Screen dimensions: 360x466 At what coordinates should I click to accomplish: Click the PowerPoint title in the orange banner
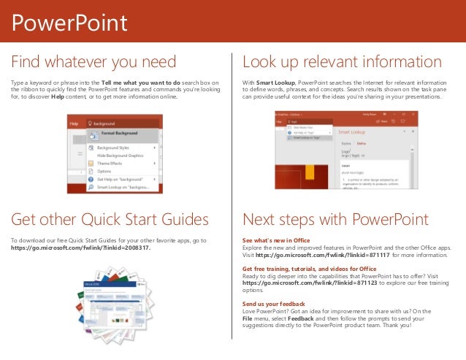coord(70,23)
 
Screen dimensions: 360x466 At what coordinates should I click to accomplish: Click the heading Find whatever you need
coord(93,60)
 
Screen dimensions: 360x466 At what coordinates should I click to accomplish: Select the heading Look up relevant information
coord(342,60)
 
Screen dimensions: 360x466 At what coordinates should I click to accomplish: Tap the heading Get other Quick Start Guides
coord(110,220)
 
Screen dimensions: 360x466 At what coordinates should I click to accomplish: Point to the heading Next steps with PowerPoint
coord(335,220)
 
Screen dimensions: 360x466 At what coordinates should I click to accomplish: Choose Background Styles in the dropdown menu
coord(117,148)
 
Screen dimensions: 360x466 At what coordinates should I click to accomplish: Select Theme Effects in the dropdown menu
coord(112,164)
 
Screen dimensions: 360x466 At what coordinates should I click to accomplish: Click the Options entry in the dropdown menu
coord(106,172)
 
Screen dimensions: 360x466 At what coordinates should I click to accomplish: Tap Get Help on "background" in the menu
coord(121,179)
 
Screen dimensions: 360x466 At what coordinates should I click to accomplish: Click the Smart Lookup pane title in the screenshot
coord(352,134)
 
